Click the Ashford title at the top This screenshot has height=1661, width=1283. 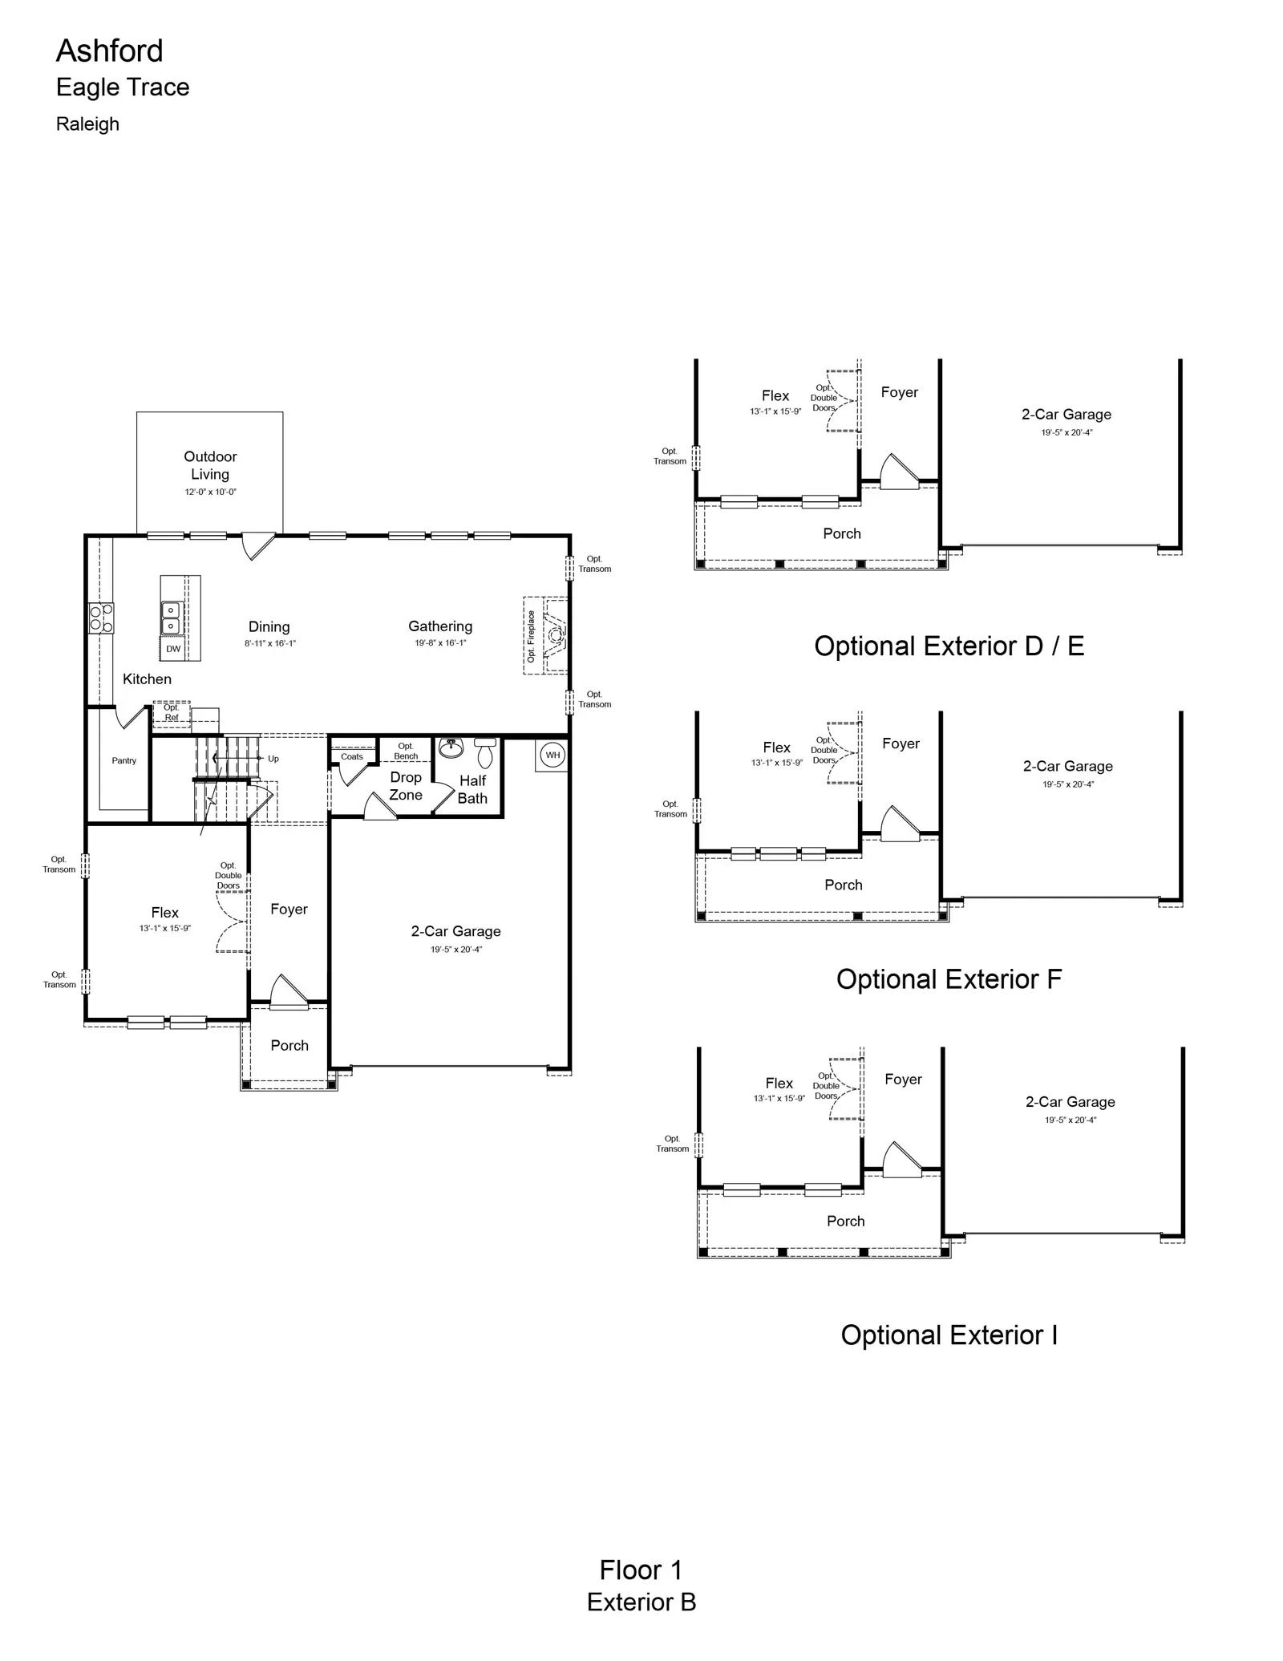[109, 51]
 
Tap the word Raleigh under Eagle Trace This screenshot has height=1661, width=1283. [87, 124]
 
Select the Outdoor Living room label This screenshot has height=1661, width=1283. [210, 465]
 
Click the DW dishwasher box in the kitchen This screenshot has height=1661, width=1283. [173, 649]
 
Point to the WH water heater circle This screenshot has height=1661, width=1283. [552, 755]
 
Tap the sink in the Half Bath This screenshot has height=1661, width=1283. [451, 747]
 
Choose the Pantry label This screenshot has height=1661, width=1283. [124, 760]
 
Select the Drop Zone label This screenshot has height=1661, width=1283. [406, 786]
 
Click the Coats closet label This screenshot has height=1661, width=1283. [352, 756]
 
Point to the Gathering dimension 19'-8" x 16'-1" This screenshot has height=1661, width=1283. [440, 643]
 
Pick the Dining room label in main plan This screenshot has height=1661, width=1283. [269, 627]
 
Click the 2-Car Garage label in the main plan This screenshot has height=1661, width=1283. [455, 931]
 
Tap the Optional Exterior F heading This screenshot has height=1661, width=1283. [949, 979]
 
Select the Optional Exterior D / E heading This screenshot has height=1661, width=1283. [949, 646]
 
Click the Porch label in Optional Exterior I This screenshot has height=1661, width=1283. [846, 1221]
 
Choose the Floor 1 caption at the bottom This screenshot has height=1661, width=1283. [641, 1570]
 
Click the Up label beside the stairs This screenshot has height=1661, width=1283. [273, 759]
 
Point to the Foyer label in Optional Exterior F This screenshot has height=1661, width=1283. [901, 743]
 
